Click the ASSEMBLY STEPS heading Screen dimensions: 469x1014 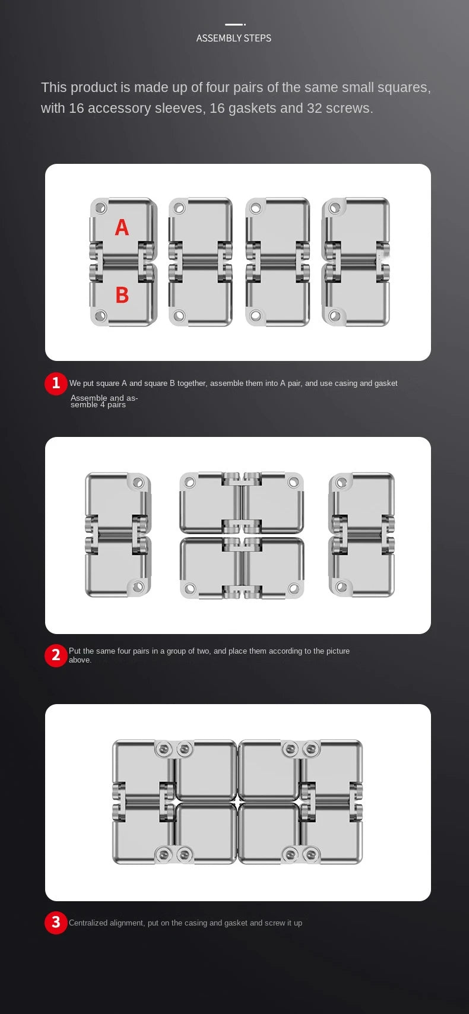tap(233, 38)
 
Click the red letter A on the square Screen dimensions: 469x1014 tap(122, 227)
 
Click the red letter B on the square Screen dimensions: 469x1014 tap(122, 294)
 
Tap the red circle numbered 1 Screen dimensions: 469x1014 tap(56, 383)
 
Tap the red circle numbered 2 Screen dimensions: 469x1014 tap(56, 655)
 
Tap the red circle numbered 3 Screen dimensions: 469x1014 tap(56, 922)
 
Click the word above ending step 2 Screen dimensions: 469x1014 tap(80, 660)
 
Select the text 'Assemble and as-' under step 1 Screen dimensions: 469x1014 tap(104, 398)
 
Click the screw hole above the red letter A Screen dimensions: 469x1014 tap(100, 208)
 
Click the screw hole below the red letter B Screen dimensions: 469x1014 tap(100, 315)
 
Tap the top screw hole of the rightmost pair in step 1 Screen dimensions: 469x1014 tap(335, 208)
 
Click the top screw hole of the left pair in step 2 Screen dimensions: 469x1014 tap(138, 483)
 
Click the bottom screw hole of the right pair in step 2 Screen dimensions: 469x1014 tap(342, 587)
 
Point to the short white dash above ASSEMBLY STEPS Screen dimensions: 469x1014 tap(235, 24)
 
